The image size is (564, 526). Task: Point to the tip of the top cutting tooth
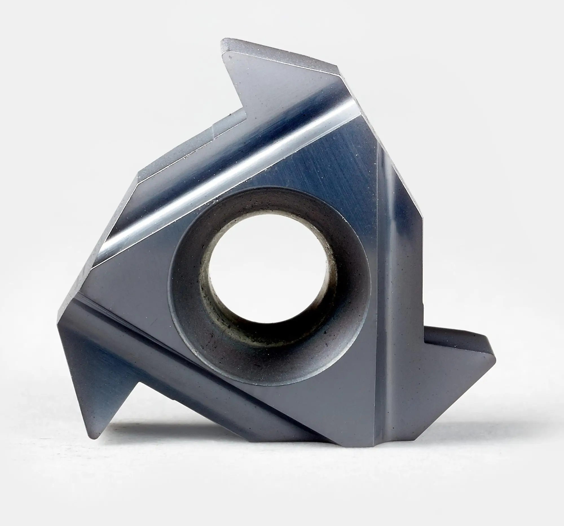tap(224, 43)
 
